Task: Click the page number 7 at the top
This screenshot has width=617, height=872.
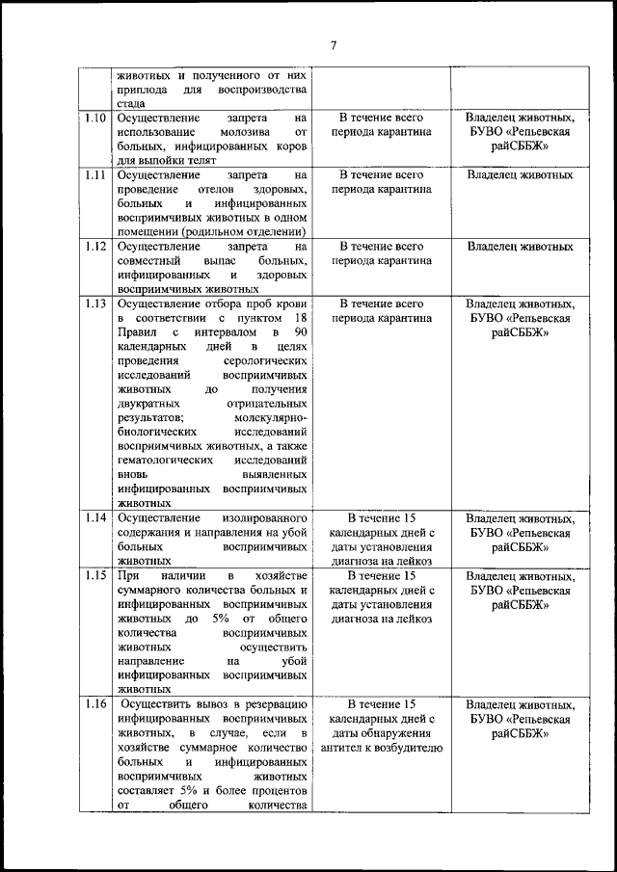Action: point(333,45)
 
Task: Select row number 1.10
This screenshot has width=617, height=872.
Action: point(94,118)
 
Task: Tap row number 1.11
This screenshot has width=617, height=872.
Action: point(94,175)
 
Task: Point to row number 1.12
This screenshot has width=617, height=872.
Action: point(94,247)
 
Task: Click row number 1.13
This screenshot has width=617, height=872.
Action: point(94,304)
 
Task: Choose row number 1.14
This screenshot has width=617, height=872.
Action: point(94,517)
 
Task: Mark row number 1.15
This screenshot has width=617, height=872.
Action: point(94,575)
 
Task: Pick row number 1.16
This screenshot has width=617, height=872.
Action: point(94,704)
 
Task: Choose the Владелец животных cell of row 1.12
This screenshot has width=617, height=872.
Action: point(520,247)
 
